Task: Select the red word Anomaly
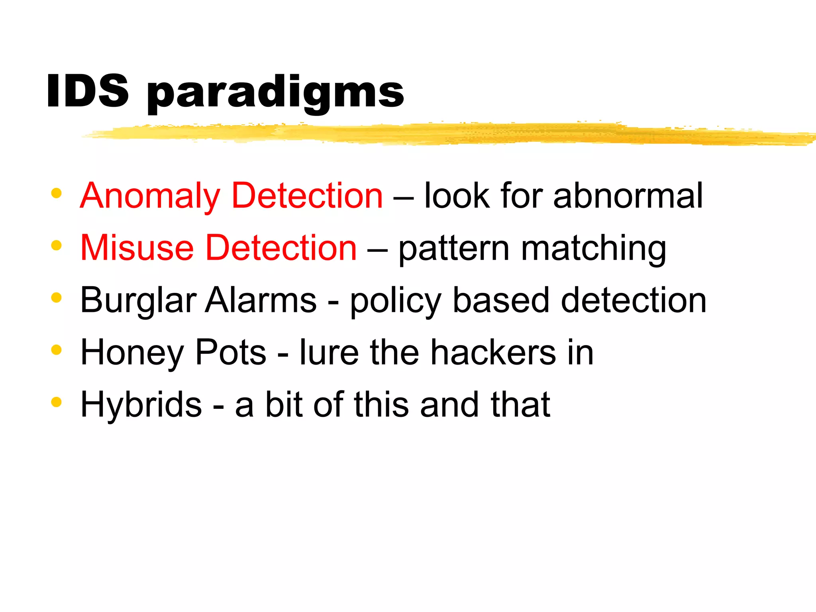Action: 150,196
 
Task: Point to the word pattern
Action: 454,249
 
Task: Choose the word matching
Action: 594,249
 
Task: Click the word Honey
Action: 132,353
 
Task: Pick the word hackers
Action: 494,352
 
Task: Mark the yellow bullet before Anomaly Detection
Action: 57,194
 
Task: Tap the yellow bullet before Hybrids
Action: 57,402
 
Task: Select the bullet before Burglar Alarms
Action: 57,298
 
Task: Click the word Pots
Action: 231,352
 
